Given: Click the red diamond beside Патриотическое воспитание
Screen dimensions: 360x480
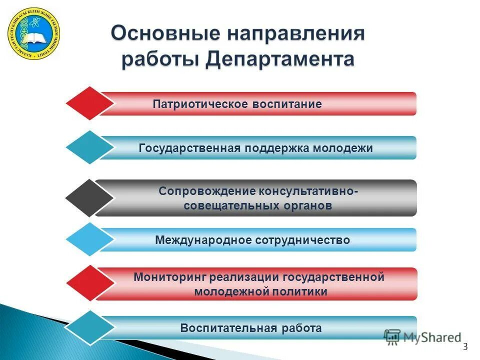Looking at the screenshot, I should (90, 103).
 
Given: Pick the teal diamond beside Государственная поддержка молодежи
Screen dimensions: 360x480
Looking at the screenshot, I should (90, 148).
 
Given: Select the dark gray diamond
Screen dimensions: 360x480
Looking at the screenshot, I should (90, 198).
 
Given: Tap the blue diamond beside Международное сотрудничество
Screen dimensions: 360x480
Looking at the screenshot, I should (90, 240).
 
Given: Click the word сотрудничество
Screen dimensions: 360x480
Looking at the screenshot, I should (302, 240).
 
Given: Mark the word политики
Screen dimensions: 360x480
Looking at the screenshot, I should (303, 291).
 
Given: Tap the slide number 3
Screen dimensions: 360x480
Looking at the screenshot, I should (465, 347).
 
